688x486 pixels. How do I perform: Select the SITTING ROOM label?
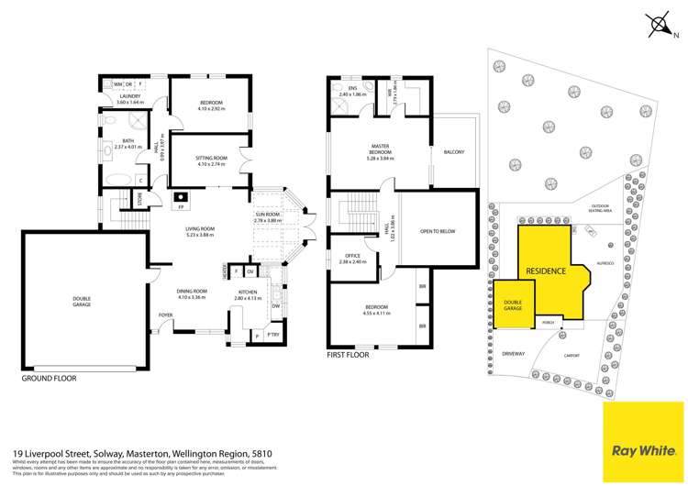(x=210, y=160)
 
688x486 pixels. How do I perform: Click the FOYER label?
(x=165, y=315)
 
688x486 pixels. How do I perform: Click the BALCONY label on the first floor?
(x=453, y=152)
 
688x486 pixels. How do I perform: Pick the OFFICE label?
(x=352, y=258)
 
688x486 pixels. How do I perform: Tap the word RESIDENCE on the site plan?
(x=545, y=271)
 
